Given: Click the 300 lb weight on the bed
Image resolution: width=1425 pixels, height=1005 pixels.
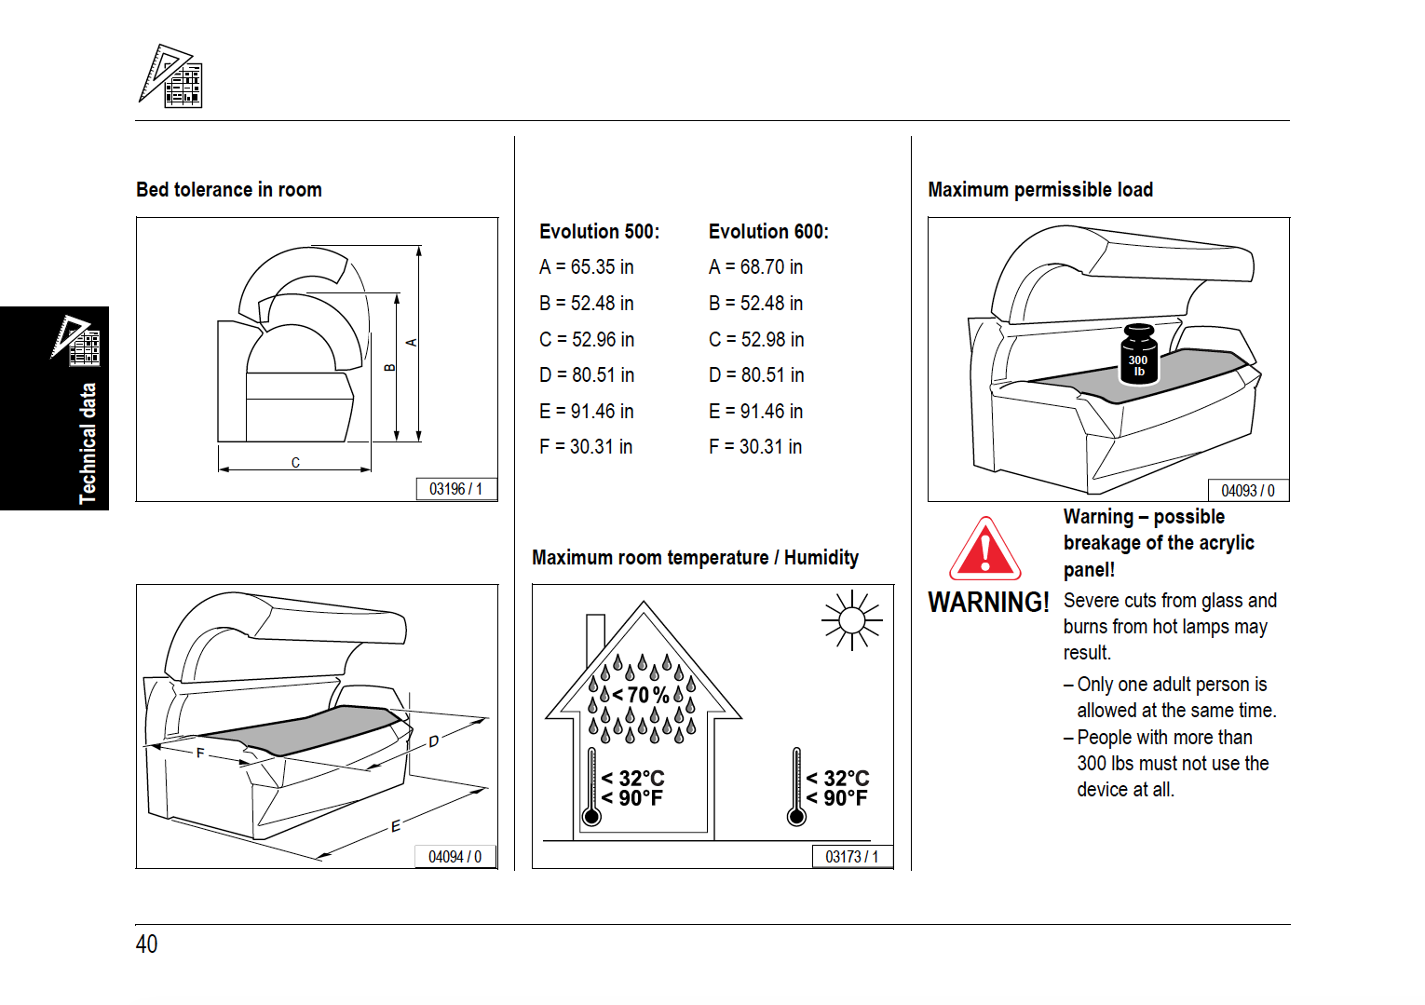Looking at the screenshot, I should click(1138, 355).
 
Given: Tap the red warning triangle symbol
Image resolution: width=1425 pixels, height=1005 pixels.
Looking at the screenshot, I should click(984, 550).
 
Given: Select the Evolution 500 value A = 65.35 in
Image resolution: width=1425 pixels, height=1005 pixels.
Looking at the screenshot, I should click(586, 267).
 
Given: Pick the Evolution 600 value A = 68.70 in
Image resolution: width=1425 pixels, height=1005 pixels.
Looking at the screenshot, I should click(755, 267).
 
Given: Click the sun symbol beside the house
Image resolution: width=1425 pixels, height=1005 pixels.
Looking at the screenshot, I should click(851, 619).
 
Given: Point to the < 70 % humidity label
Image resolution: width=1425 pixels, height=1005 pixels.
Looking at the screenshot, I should click(641, 695).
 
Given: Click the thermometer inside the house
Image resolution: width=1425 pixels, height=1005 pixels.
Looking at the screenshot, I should click(591, 787).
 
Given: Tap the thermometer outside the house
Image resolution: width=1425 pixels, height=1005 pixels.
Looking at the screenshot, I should click(796, 787).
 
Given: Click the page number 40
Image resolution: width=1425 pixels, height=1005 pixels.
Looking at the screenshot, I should click(146, 944).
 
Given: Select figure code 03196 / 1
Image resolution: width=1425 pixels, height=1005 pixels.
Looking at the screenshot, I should click(455, 489).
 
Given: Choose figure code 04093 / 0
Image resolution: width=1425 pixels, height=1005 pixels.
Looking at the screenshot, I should click(1248, 491).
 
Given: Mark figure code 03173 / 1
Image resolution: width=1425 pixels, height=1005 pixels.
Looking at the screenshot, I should click(851, 857).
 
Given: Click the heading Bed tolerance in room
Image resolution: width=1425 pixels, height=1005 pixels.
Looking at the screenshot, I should click(229, 190).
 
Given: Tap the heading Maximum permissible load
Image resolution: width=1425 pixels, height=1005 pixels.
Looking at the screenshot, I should click(1040, 190).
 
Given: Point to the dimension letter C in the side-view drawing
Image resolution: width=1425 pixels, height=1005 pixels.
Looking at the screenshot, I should click(295, 462).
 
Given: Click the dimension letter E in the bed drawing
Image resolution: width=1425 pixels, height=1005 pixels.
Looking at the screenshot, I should click(396, 826).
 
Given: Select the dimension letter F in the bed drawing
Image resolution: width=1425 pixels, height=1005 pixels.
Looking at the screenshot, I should click(199, 753).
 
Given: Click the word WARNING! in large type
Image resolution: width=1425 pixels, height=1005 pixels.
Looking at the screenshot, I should click(988, 603).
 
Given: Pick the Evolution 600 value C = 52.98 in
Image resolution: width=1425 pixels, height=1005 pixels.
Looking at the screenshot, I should click(756, 340).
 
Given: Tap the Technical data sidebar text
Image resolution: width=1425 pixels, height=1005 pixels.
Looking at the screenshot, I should click(88, 443).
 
